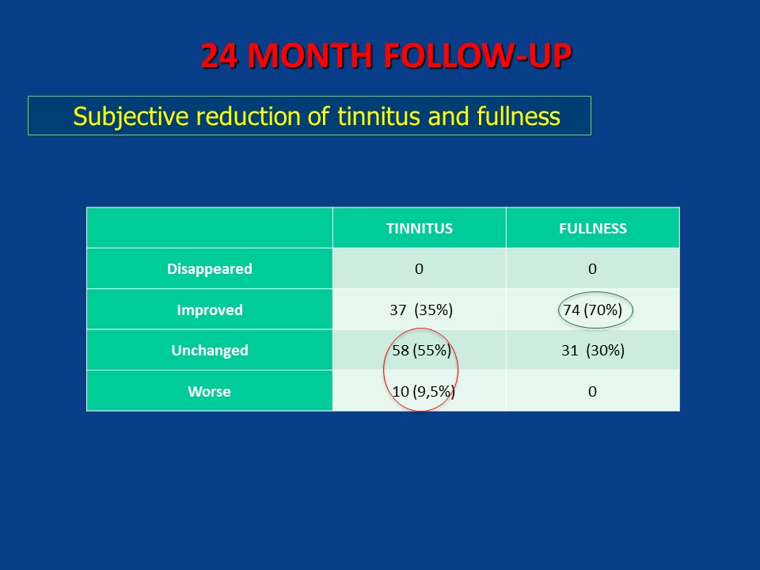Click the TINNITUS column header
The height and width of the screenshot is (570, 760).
coord(420,228)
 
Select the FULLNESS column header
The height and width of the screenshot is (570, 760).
coord(593,228)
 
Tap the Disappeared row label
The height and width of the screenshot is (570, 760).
coord(209,269)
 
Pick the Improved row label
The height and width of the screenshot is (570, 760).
coord(209,310)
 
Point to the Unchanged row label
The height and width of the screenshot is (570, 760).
coord(209,351)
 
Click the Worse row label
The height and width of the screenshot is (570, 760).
coord(209,392)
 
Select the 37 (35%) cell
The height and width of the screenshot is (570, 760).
coord(421,310)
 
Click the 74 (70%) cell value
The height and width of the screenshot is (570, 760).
coord(593,310)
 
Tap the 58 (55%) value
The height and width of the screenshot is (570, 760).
coord(421,351)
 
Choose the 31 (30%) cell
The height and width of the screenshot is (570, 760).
coord(593,351)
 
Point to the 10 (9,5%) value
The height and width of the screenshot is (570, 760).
coord(423,391)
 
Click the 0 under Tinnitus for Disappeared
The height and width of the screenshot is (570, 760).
coord(420,269)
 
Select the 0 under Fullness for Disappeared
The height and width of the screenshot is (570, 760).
coord(592,269)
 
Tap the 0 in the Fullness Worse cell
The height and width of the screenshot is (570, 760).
coord(592,392)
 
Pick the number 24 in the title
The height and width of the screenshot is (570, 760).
coord(219,55)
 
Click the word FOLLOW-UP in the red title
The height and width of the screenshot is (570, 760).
coord(477,55)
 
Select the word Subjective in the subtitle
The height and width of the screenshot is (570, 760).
coord(131,117)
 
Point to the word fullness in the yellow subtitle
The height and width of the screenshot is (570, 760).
coord(518,116)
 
